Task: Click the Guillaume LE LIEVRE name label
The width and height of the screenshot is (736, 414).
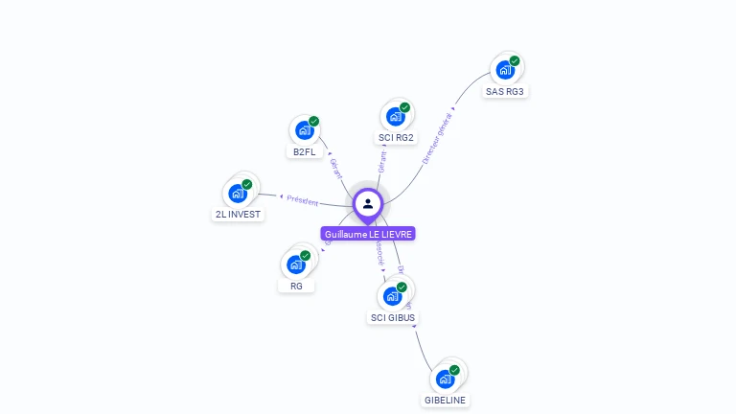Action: (x=368, y=234)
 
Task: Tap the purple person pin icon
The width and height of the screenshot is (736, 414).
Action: (x=368, y=203)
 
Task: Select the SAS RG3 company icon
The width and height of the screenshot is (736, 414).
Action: (x=504, y=70)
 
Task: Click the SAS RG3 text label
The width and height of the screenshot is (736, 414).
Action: (x=506, y=92)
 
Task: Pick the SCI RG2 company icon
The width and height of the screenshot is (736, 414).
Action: (x=395, y=117)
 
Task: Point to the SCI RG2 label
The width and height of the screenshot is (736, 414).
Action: (x=396, y=138)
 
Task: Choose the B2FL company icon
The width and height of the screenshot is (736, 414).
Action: (x=304, y=130)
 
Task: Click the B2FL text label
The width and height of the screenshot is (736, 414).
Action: (x=305, y=152)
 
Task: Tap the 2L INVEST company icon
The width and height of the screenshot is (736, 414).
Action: (x=238, y=193)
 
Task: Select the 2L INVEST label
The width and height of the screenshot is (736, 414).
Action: (x=239, y=215)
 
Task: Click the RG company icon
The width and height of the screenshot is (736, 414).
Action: (x=296, y=264)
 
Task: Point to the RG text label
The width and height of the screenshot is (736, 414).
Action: (x=296, y=286)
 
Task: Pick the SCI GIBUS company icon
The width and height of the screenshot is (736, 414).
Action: (x=393, y=295)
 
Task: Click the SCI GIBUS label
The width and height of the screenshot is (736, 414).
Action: (x=394, y=317)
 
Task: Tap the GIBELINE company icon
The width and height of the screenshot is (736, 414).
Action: (x=445, y=378)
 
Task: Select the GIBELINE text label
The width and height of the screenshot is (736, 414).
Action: (x=447, y=400)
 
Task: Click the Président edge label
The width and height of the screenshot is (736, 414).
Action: (x=302, y=199)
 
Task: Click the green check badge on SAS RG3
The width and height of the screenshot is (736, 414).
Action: (x=515, y=61)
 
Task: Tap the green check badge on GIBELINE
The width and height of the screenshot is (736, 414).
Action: (x=454, y=370)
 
